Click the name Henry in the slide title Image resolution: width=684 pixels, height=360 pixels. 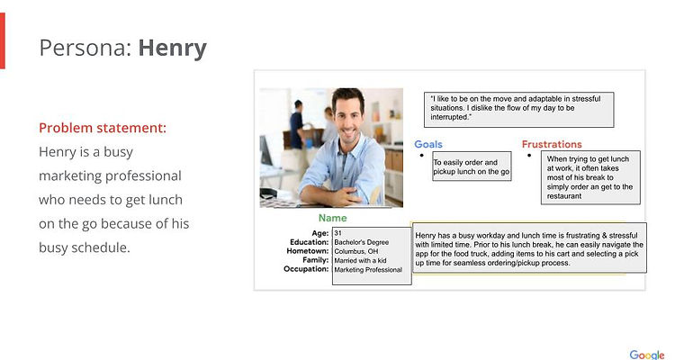tap(172, 49)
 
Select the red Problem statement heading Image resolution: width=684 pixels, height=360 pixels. tap(103, 128)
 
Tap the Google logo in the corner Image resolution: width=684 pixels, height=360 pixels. tap(646, 355)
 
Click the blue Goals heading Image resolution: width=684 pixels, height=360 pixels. tap(427, 144)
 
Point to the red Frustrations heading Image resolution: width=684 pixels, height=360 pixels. tap(552, 144)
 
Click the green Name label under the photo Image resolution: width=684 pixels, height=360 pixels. tap(332, 218)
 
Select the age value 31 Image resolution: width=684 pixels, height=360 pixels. tap(338, 233)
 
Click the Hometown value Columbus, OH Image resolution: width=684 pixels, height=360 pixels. tap(356, 251)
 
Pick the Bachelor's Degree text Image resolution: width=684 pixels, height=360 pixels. tap(361, 242)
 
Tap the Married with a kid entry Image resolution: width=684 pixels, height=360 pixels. tap(360, 260)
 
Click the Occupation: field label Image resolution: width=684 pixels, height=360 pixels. tap(306, 269)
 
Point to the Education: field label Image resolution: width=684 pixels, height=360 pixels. tap(309, 242)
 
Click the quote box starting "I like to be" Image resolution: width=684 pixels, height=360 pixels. tap(518, 110)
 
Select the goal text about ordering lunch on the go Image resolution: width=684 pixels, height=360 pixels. tap(471, 166)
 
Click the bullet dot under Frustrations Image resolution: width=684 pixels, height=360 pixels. tap(529, 156)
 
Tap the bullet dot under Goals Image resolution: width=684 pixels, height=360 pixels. tap(421, 156)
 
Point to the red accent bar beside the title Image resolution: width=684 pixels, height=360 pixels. tap(2, 40)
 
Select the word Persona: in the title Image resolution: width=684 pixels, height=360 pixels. tap(85, 48)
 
